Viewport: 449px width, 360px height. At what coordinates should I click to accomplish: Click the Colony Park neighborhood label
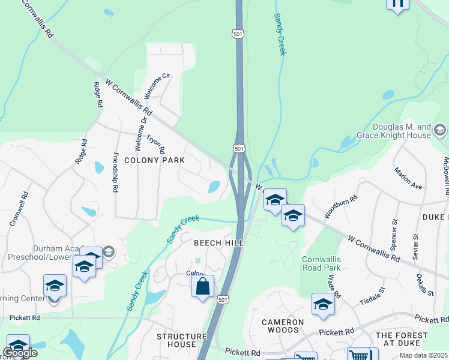coord(154,160)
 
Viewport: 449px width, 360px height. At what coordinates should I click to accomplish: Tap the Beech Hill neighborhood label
coord(218,242)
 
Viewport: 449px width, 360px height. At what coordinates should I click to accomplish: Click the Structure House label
coord(176,340)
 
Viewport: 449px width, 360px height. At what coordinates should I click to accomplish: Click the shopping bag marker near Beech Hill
coord(203,286)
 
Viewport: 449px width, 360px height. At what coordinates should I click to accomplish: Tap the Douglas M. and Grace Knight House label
coord(402,131)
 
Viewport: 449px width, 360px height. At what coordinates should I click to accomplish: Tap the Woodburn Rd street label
coord(341,205)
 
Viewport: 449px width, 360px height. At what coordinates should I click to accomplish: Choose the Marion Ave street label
coord(408,178)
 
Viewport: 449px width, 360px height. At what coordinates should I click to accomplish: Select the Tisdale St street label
coord(372,295)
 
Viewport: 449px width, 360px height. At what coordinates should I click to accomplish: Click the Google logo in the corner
coord(20,353)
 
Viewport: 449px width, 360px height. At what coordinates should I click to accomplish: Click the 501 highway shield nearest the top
coord(238,34)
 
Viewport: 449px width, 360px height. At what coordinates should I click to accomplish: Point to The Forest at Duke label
coord(402,340)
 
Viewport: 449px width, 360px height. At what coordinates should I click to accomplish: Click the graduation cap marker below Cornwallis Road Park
coord(323,305)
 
